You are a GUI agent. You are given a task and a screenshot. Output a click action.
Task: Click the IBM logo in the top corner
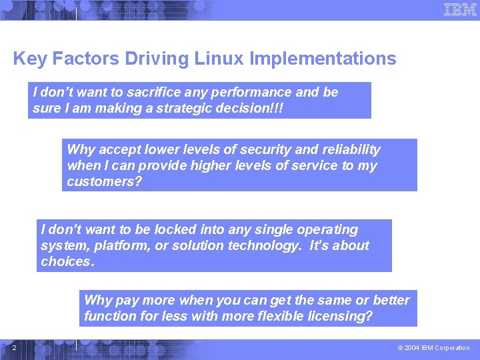click(x=460, y=9)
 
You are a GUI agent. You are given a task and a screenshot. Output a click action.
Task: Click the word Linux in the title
click(x=219, y=59)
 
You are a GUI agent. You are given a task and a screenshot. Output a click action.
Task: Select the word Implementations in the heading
click(x=323, y=59)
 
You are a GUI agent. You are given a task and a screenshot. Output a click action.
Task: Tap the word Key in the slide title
click(x=29, y=59)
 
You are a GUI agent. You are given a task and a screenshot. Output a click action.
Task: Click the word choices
click(x=67, y=261)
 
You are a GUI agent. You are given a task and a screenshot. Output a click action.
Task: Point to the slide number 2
click(x=15, y=347)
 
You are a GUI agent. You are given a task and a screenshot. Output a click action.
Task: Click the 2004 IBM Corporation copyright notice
click(x=433, y=348)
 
